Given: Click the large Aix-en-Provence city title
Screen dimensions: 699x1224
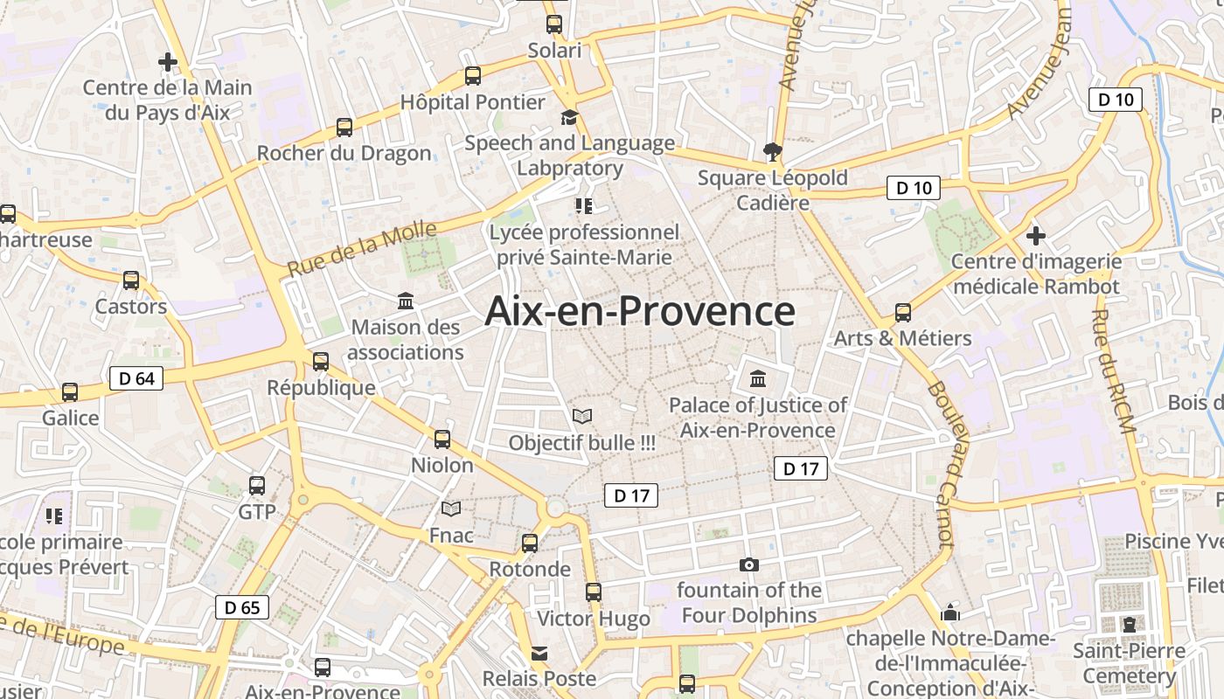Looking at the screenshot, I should click(x=640, y=311).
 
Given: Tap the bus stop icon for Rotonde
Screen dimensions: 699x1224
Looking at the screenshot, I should click(x=529, y=543).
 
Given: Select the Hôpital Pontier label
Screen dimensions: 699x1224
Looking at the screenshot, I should click(x=472, y=102).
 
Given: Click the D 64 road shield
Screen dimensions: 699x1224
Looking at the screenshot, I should click(x=136, y=378).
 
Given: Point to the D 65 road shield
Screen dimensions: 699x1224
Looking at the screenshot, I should click(x=242, y=607).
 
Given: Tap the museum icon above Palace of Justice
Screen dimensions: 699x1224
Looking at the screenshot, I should click(x=757, y=379).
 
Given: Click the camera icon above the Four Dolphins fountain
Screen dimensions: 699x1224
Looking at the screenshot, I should click(x=748, y=564).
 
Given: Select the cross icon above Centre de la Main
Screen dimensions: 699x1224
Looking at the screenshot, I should click(x=167, y=62).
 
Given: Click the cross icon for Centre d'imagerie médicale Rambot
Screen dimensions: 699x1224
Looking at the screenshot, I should click(x=1036, y=235).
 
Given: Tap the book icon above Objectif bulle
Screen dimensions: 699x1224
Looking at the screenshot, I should click(x=581, y=417).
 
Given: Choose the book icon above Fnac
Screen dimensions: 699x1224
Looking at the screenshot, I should click(x=451, y=509).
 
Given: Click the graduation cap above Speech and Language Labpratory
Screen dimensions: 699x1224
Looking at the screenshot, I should click(x=569, y=117).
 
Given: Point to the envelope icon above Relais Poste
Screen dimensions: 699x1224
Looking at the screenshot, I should click(x=539, y=653).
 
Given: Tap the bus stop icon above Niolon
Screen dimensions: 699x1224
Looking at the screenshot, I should click(x=442, y=439).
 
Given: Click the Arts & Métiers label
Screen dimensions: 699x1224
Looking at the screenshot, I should click(x=902, y=338).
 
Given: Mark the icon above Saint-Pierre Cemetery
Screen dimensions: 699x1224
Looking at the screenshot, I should click(x=1129, y=624).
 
